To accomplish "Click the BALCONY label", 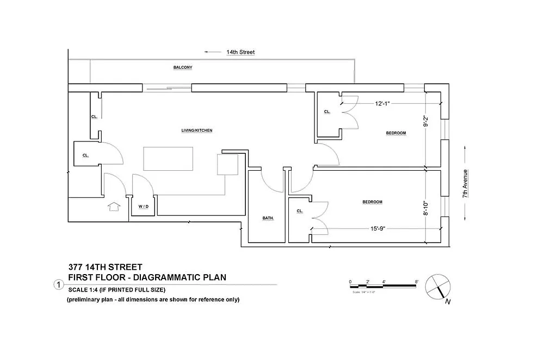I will (x=183, y=67).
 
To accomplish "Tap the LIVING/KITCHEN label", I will (x=196, y=131).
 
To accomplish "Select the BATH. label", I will (x=268, y=218).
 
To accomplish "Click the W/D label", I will (x=143, y=207).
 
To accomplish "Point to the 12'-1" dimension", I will (x=382, y=103).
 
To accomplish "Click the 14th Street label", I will (x=240, y=52).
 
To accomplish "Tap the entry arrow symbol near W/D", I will (x=114, y=207).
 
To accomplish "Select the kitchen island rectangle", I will (x=169, y=159).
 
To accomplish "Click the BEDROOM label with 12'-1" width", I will (x=396, y=133).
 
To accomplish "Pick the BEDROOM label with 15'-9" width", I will (x=372, y=202).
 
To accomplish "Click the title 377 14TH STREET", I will (x=106, y=267).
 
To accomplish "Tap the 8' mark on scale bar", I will (x=416, y=281).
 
